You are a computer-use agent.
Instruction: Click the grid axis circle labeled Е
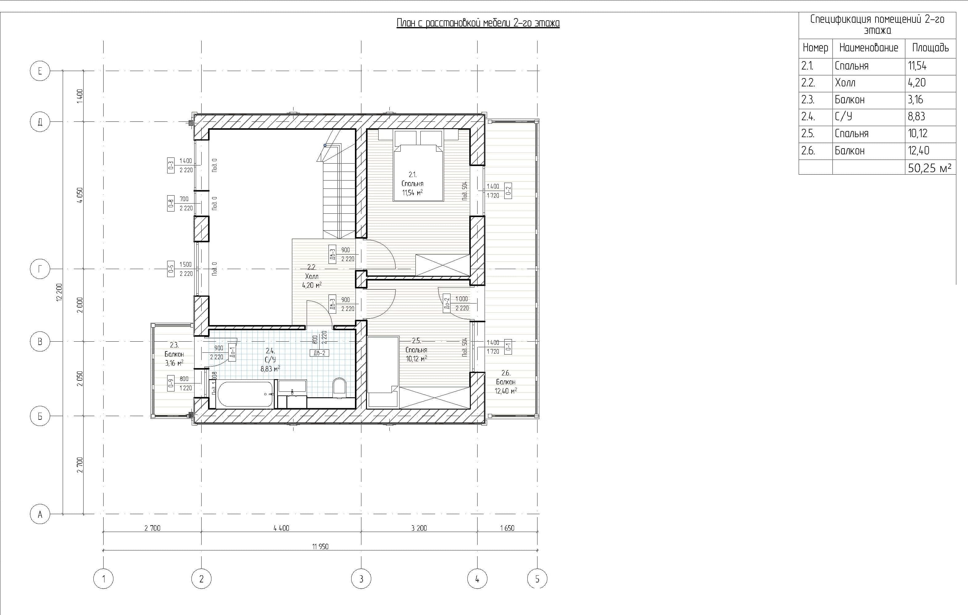coord(40,71)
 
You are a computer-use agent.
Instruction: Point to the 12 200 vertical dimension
coord(60,292)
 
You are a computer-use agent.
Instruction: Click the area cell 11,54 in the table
coord(917,66)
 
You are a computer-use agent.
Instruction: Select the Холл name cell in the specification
coord(845,83)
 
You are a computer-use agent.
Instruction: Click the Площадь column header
coord(930,48)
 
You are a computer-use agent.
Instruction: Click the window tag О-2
coord(508,191)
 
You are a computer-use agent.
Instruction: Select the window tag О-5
coord(171,269)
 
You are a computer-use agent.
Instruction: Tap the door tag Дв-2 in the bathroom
coord(319,353)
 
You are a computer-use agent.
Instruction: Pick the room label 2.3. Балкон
coord(174,354)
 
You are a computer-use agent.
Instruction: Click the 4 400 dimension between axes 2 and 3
coord(281,528)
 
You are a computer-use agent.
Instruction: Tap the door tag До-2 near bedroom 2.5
coord(446,303)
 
